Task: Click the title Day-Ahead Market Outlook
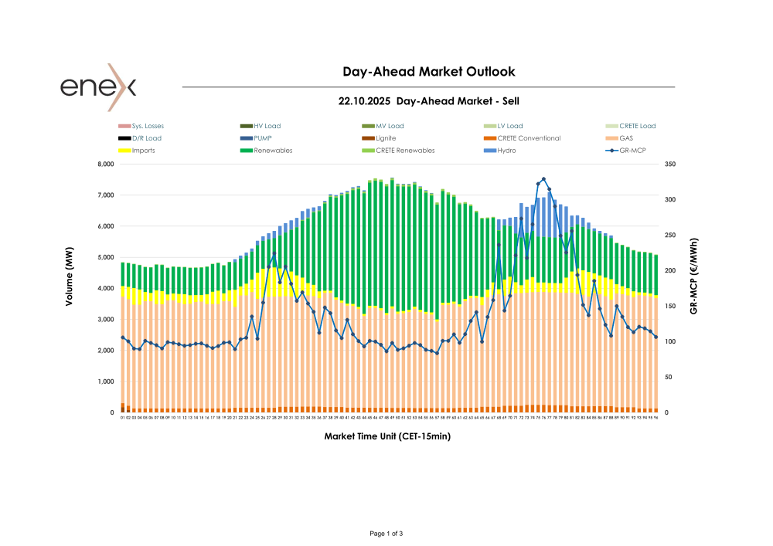click(x=428, y=72)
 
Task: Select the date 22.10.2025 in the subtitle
click(x=363, y=101)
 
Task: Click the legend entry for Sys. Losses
click(x=148, y=126)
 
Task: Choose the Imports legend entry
click(x=143, y=151)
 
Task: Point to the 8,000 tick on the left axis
click(x=104, y=164)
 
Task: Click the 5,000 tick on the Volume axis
click(x=104, y=258)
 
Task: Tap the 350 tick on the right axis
click(x=669, y=164)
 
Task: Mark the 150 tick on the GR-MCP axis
click(x=669, y=307)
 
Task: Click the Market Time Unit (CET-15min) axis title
click(x=387, y=436)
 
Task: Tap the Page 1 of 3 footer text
click(x=386, y=534)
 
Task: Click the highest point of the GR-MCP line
click(x=543, y=179)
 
